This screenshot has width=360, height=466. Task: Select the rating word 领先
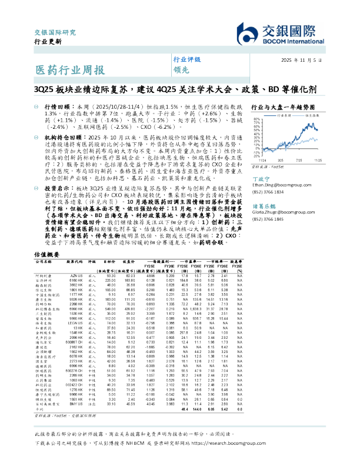[180, 69]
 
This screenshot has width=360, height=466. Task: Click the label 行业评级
[186, 60]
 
